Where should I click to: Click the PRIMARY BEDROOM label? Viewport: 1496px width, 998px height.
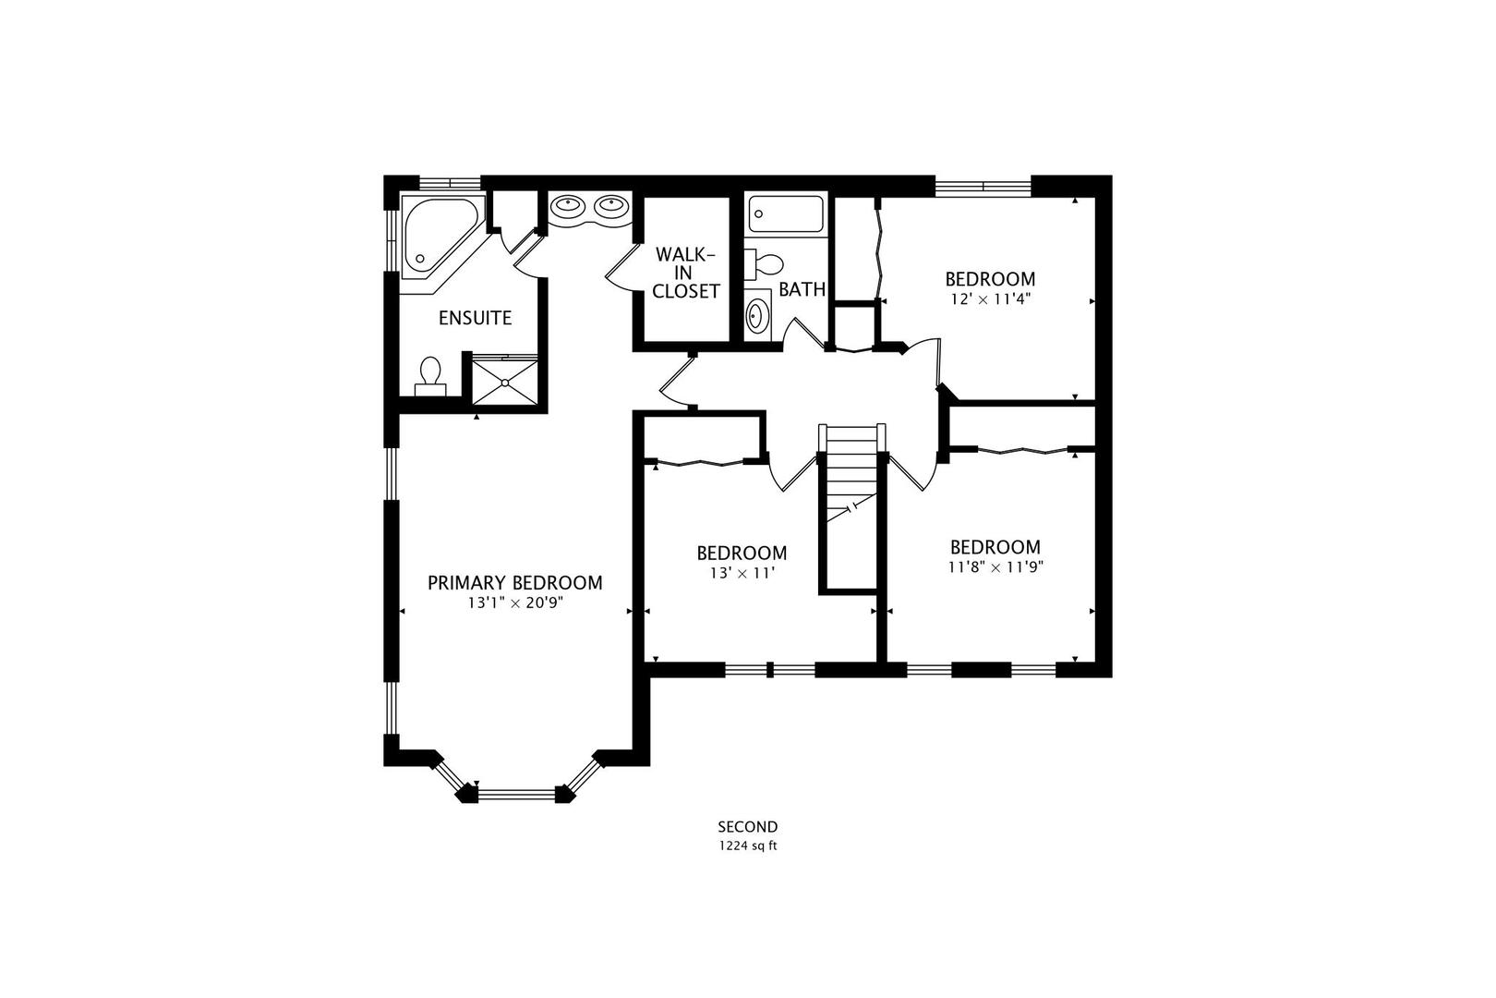(514, 583)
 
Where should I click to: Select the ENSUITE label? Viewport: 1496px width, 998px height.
(475, 318)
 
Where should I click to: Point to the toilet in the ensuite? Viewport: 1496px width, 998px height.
(429, 374)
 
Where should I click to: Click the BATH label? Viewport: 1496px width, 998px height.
(802, 289)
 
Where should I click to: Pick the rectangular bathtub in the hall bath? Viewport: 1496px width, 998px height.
(787, 214)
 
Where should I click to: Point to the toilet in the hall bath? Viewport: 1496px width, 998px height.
(763, 264)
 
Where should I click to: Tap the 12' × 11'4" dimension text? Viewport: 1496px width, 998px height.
(990, 299)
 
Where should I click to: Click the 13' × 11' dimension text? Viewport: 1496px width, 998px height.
(742, 573)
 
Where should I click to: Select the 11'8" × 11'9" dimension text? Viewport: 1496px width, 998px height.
(995, 567)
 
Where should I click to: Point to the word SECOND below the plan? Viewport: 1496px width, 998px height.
(748, 827)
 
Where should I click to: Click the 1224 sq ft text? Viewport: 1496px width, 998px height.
(748, 846)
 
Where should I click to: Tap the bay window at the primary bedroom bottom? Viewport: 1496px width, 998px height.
(516, 792)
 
